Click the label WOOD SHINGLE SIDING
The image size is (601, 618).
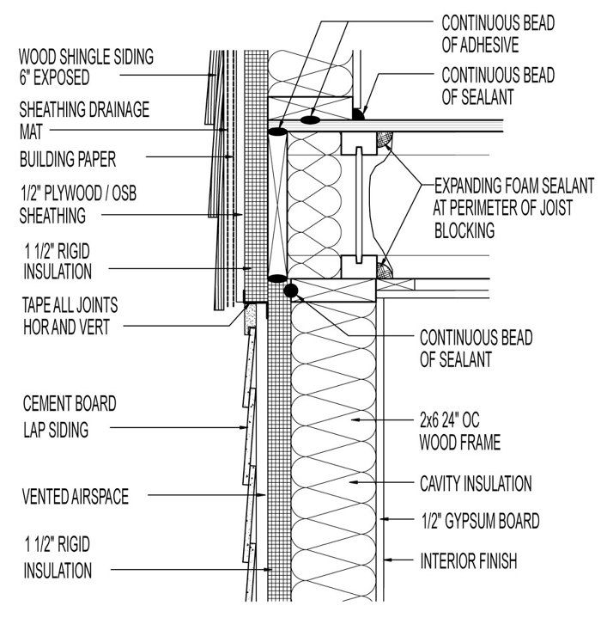pos(86,58)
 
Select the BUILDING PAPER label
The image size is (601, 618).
pos(68,159)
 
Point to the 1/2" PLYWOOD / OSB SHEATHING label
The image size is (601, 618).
pos(78,205)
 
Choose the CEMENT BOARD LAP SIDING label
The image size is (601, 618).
pos(69,415)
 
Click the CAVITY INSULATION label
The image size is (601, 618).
pos(476,482)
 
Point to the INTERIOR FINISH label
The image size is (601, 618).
pos(468,563)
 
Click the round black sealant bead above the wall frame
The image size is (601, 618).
pos(291,291)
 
